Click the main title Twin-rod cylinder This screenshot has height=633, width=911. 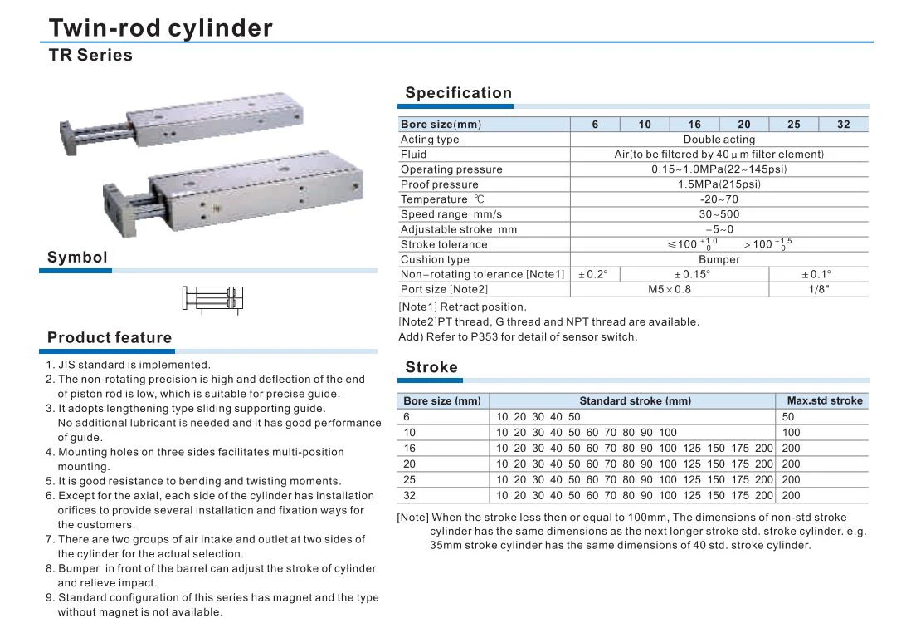click(x=160, y=28)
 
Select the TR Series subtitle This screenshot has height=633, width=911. click(x=90, y=56)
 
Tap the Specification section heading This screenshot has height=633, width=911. click(x=458, y=93)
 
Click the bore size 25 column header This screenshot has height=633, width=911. click(x=793, y=125)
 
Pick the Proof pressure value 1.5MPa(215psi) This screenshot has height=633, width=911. click(x=719, y=184)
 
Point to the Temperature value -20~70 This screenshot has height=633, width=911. click(x=719, y=199)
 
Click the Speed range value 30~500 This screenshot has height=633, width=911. click(x=719, y=214)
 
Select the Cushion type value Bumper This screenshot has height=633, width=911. click(x=719, y=259)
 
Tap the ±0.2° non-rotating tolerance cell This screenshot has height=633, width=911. click(x=594, y=274)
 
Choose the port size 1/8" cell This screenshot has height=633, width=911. click(x=818, y=289)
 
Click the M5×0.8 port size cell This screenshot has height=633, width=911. click(x=669, y=289)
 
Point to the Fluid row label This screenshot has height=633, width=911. click(x=414, y=155)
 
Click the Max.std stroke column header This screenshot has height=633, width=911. click(x=824, y=400)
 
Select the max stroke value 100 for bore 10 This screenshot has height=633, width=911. click(x=792, y=432)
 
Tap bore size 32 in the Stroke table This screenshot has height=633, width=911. click(x=410, y=495)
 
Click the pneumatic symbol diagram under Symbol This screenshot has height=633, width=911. click(x=213, y=298)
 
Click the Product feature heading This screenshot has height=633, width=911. click(x=110, y=337)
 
